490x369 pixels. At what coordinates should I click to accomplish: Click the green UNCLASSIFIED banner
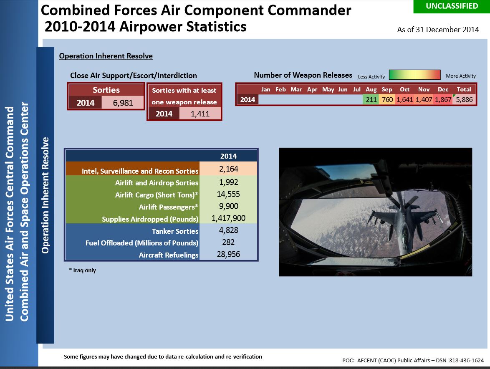point(452,6)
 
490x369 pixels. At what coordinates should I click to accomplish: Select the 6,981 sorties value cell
point(123,103)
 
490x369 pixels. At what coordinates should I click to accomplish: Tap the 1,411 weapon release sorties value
point(200,114)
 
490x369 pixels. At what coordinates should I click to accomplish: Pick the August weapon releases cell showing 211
point(371,99)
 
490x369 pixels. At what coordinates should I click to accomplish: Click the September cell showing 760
point(387,99)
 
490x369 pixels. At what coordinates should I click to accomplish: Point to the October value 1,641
point(405,99)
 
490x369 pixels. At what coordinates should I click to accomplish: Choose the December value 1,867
point(443,99)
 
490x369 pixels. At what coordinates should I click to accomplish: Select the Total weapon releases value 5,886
point(464,99)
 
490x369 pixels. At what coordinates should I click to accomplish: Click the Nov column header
point(424,89)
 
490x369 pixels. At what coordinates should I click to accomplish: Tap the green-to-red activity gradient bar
point(415,75)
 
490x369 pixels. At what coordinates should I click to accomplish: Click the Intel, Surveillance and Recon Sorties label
point(140,171)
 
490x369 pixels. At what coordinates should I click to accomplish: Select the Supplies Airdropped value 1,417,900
point(228,218)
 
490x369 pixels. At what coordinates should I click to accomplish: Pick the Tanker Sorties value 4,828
point(228,230)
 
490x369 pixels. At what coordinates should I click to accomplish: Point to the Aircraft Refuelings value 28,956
point(228,254)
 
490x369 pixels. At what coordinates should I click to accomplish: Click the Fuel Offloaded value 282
point(228,242)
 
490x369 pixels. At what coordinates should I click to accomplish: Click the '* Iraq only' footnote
point(83,270)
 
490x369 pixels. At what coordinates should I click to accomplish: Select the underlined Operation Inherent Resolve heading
point(106,56)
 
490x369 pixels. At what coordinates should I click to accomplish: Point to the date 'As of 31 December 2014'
point(438,30)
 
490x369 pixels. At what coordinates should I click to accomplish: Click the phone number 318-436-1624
point(466,360)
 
